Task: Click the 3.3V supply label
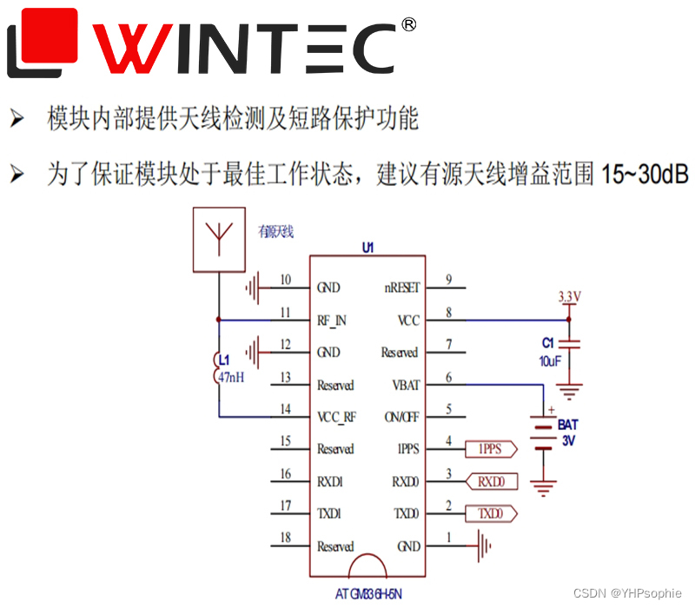point(569,297)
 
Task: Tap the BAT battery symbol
point(543,435)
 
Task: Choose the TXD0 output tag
point(491,513)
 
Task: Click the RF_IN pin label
point(332,321)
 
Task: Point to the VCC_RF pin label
point(337,417)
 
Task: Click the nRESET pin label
point(401,287)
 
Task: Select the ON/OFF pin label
point(403,417)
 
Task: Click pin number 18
point(286,539)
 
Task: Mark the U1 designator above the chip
point(368,248)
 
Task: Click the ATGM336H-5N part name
point(368,595)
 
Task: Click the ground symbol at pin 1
point(483,546)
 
